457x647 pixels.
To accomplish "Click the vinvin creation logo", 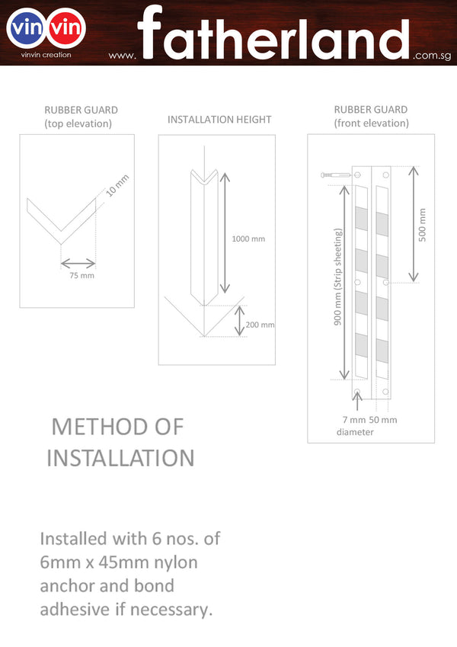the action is [46, 32].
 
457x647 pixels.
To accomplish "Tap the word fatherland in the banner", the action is [273, 33].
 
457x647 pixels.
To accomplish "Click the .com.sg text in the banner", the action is [432, 56].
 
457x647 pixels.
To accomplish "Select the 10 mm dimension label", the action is [117, 185].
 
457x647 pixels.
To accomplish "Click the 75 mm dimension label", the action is [81, 275].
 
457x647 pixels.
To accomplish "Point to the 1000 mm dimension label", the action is [248, 239].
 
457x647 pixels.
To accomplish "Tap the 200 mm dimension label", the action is [260, 325].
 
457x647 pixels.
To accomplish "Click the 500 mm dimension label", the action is [422, 225].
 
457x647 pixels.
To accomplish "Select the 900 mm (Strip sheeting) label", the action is [338, 277].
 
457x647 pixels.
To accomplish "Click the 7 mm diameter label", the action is [355, 426].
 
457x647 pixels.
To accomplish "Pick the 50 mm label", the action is [383, 420].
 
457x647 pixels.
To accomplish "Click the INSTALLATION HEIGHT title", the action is [219, 120].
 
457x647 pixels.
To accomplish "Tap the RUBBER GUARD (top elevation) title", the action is [81, 117].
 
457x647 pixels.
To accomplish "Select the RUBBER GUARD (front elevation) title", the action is [371, 117].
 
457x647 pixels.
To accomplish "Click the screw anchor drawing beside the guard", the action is [335, 175].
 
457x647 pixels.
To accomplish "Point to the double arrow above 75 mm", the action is [78, 263].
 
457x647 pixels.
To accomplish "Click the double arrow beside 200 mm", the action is [239, 321].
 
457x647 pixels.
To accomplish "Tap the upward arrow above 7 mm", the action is [357, 401].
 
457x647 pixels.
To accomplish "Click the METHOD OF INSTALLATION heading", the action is [120, 442].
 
